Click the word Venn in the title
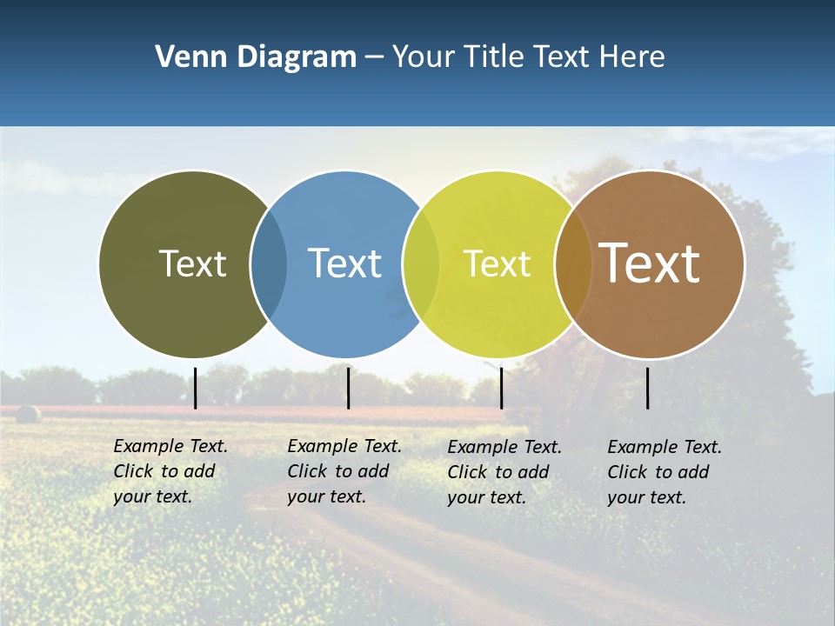pos(184,57)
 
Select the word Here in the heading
pos(631,57)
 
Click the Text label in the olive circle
pos(192,263)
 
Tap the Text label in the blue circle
pos(344,263)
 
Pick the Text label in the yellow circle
pos(497,264)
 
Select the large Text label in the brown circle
pos(649,263)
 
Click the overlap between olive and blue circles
pos(269,263)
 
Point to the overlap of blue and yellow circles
pos(421,263)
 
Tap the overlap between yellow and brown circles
pos(572,263)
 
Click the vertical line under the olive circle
pos(196,388)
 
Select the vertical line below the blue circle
pos(348,388)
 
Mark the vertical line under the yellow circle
pos(501,388)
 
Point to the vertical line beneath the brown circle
pos(647,388)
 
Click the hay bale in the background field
pos(28,414)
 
